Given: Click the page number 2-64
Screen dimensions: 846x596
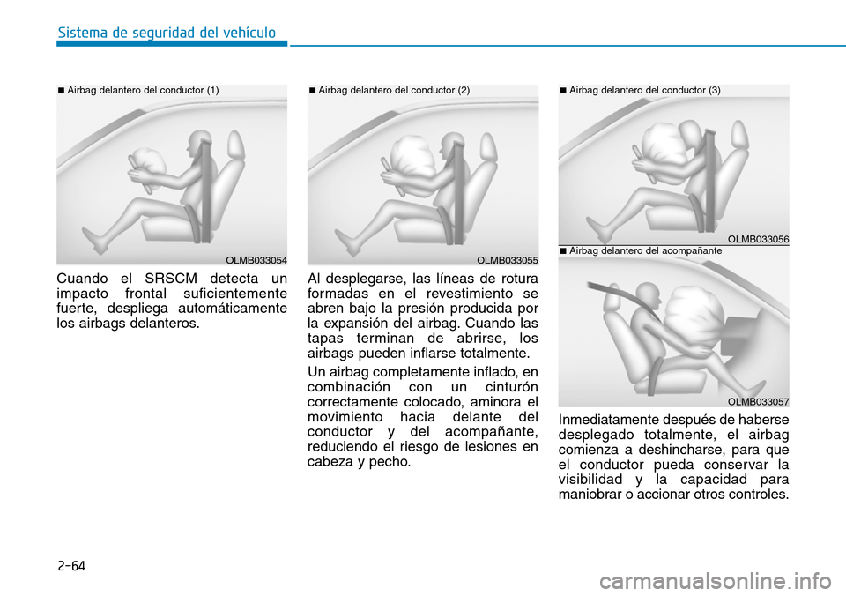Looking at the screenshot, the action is click(x=71, y=566).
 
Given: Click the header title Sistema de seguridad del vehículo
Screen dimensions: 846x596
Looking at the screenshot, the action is click(x=167, y=33).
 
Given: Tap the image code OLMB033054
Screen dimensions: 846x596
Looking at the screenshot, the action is click(x=256, y=260).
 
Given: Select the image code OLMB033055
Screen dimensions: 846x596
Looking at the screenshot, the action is click(x=508, y=260).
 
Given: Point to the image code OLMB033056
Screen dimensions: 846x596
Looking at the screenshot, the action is click(x=758, y=239).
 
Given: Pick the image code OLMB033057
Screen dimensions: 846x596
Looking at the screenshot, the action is click(x=758, y=402).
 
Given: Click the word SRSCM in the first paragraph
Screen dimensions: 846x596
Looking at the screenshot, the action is click(x=171, y=279).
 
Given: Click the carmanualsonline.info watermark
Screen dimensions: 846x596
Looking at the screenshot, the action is click(x=716, y=581).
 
